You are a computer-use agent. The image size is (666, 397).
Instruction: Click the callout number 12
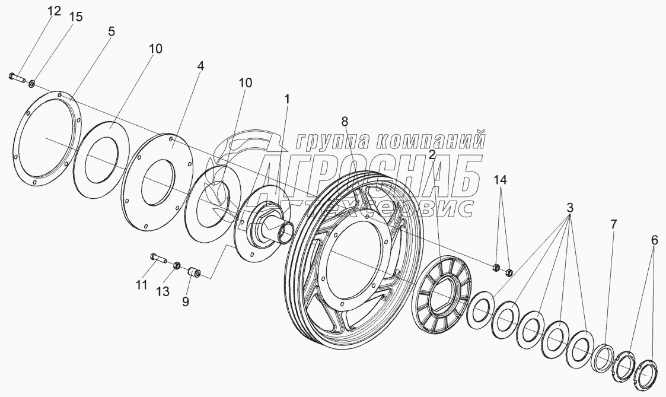click(x=54, y=11)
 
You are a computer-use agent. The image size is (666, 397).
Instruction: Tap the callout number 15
click(x=75, y=17)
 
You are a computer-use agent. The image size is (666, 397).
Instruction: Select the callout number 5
click(x=111, y=31)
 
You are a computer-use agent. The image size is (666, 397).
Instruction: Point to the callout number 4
click(x=200, y=66)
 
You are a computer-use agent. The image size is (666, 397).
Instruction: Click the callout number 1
click(x=287, y=99)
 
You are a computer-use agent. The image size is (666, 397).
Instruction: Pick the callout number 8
click(x=345, y=121)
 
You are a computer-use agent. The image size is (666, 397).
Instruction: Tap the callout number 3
click(x=570, y=208)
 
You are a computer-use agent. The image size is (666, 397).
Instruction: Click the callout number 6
click(x=654, y=240)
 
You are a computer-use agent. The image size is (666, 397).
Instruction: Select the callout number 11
click(x=141, y=285)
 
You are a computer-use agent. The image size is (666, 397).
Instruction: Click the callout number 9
click(x=185, y=301)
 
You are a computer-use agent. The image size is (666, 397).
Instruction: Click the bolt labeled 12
click(x=16, y=77)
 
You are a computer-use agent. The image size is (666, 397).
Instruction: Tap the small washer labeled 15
click(x=31, y=81)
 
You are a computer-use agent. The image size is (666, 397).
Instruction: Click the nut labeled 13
click(x=176, y=265)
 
